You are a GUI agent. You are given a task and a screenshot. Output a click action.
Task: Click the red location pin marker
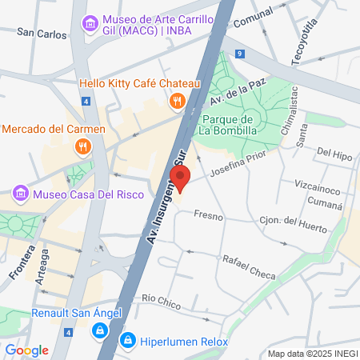[181, 178]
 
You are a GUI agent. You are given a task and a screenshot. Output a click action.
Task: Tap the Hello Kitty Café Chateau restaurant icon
[178, 101]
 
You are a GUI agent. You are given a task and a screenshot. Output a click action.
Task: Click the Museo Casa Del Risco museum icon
[22, 194]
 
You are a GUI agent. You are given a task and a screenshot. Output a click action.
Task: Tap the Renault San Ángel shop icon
[98, 329]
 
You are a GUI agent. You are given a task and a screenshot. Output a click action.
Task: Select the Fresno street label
[208, 216]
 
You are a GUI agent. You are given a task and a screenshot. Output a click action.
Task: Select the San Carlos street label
[41, 34]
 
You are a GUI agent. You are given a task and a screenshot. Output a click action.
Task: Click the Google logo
[26, 350]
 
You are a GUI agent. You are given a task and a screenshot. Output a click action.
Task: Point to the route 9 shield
[240, 53]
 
